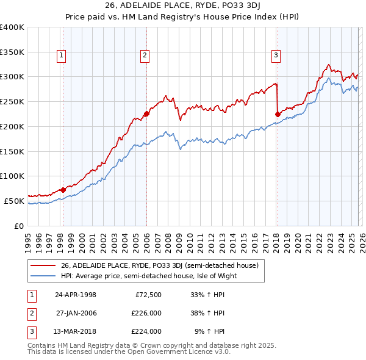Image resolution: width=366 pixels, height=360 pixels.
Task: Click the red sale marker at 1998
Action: click(x=63, y=190)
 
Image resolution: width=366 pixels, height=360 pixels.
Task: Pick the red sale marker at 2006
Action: click(x=146, y=113)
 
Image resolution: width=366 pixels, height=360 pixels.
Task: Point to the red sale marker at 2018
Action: click(x=278, y=114)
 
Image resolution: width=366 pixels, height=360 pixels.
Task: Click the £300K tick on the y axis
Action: click(x=12, y=77)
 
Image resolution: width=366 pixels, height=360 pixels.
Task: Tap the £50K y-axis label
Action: click(x=14, y=201)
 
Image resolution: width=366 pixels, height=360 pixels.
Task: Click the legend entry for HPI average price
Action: click(x=148, y=276)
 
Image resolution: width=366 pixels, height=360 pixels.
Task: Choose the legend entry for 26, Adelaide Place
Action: click(x=160, y=265)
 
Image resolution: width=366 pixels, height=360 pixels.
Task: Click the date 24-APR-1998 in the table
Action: click(x=76, y=295)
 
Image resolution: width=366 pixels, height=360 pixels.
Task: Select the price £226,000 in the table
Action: click(x=146, y=313)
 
